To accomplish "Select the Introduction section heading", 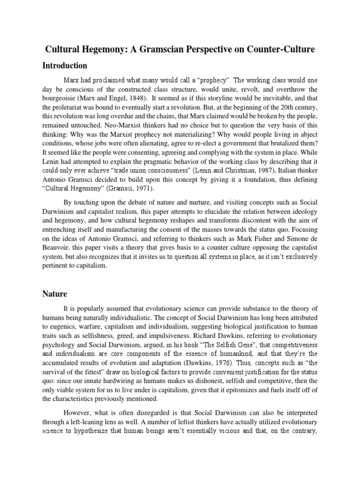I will [x=66, y=65].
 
